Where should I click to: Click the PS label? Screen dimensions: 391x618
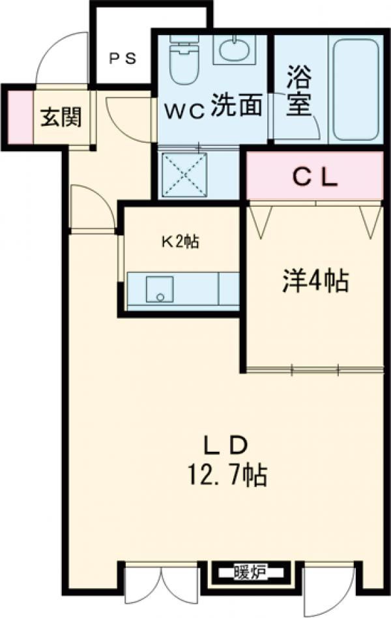point(123,59)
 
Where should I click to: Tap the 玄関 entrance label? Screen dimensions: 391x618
point(62,117)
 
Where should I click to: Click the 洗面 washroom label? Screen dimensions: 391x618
point(237,105)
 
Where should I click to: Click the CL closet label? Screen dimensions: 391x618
point(315,178)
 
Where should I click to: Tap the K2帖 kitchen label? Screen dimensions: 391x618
point(179,241)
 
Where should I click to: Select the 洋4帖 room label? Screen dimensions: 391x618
point(315,281)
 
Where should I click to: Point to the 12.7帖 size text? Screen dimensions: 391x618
point(227,475)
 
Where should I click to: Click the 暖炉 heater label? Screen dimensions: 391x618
point(249,570)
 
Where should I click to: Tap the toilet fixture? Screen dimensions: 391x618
point(183,59)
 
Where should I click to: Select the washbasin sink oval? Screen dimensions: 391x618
point(234,51)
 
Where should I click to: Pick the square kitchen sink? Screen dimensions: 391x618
point(160,289)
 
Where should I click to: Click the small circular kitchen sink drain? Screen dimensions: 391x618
point(160,297)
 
